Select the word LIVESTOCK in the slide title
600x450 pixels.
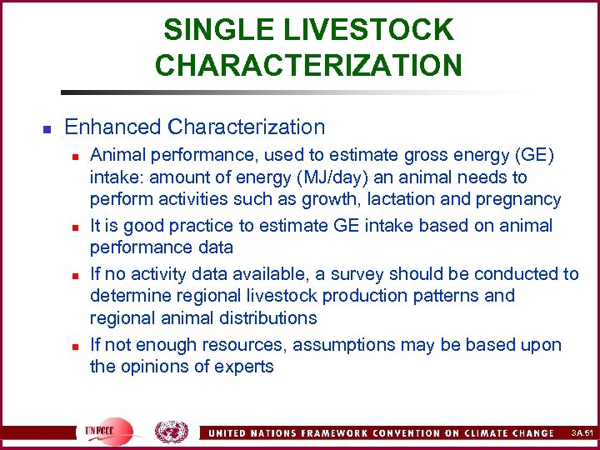pos(369,30)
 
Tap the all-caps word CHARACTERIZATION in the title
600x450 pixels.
pos(308,65)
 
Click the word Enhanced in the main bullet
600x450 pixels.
pos(112,127)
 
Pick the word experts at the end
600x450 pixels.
pos(242,367)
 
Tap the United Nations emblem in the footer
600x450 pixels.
pos(172,432)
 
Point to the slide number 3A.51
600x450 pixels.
pos(581,432)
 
